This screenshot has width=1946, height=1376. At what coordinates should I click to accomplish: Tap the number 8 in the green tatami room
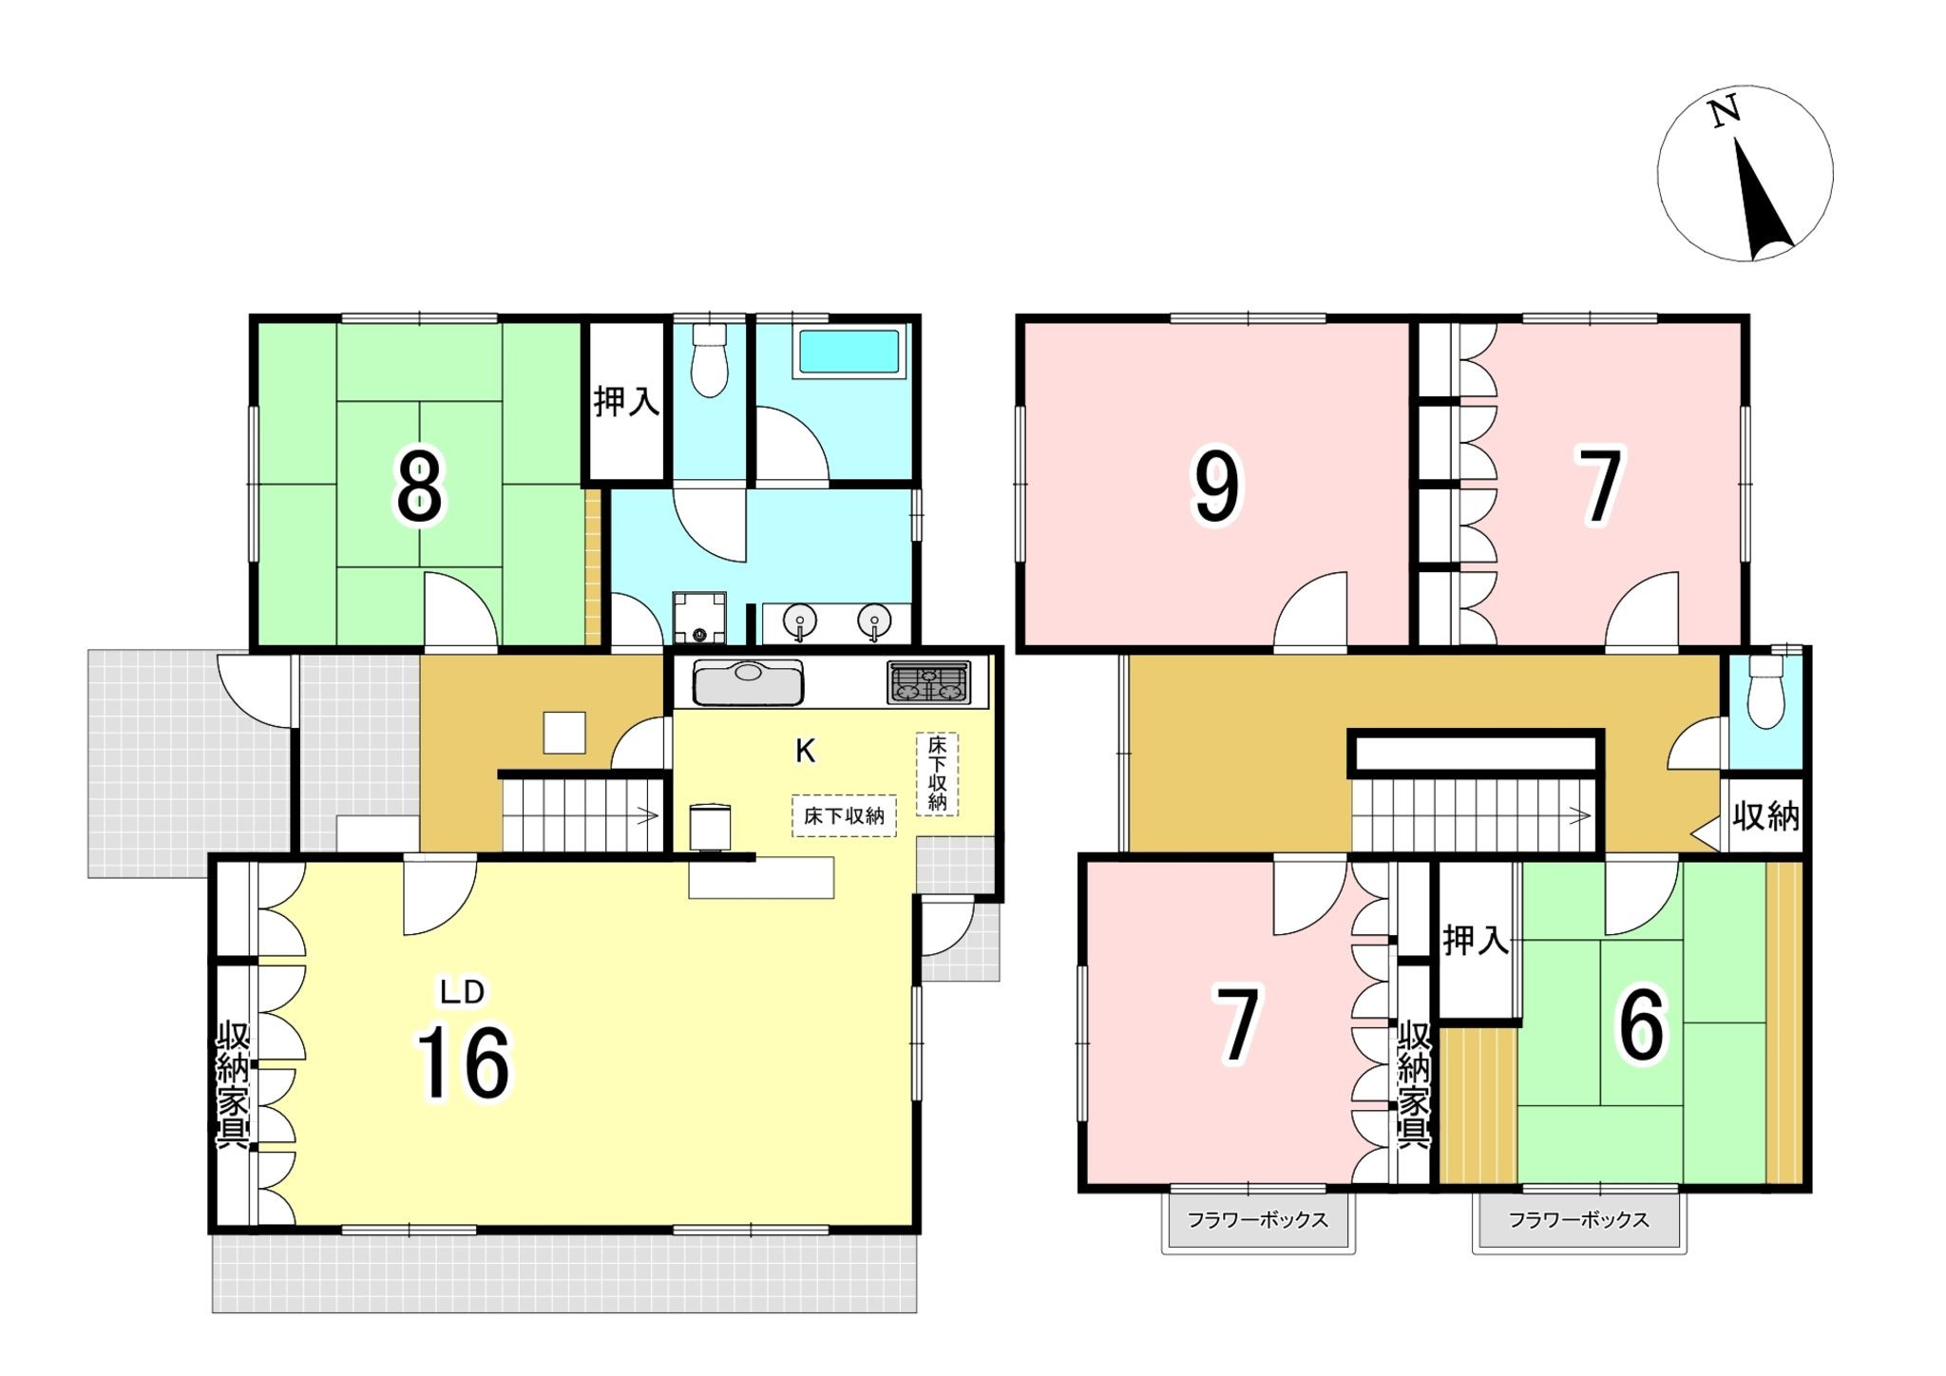click(419, 487)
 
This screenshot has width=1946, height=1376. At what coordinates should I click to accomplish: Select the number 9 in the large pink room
click(1216, 487)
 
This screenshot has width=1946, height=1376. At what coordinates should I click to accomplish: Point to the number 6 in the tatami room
click(1642, 1026)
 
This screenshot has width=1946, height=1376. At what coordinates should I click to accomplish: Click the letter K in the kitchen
click(805, 751)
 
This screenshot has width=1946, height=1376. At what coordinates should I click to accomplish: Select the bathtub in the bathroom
click(849, 352)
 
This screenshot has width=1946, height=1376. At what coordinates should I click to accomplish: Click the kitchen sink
click(749, 682)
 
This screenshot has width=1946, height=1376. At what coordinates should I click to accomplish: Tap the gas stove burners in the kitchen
click(929, 682)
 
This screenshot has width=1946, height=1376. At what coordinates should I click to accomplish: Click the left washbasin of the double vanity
click(800, 621)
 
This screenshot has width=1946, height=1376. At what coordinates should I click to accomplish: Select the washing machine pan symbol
click(699, 618)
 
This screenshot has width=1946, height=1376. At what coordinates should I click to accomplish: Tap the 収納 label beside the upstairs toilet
click(1765, 816)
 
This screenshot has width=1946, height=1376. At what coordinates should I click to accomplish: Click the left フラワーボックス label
click(1257, 1220)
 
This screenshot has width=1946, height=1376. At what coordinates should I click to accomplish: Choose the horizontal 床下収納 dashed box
click(844, 815)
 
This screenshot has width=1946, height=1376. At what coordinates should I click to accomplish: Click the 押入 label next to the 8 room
click(626, 401)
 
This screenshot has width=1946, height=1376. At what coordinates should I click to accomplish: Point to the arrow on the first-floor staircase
click(648, 814)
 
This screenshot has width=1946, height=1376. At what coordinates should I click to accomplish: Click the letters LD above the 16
click(462, 992)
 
